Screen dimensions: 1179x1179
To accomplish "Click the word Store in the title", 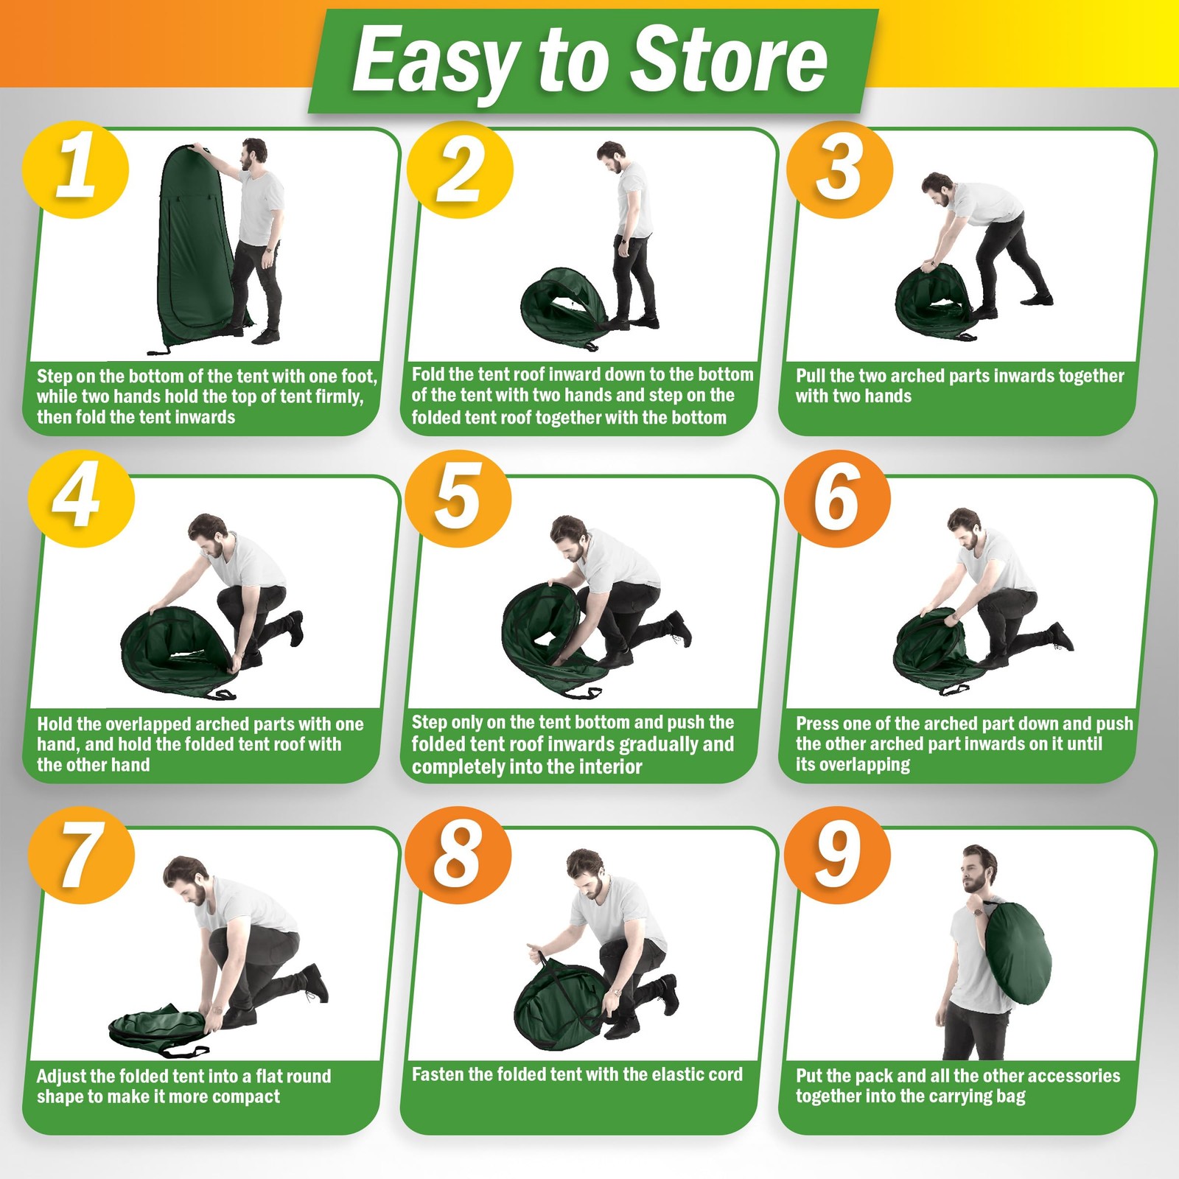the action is (x=730, y=59).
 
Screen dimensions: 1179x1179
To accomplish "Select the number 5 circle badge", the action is (x=458, y=499).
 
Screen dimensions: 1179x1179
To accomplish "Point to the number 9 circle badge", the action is (x=837, y=855).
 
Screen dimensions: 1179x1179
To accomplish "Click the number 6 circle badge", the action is (x=837, y=499).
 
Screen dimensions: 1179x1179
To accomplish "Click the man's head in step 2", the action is (x=611, y=156).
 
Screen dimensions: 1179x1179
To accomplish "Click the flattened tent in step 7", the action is (x=158, y=1026).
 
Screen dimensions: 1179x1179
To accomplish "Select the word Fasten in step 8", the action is (x=438, y=1074).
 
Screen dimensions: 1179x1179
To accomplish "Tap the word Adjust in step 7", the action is (x=60, y=1077).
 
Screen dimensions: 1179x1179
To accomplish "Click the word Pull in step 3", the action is (x=811, y=376).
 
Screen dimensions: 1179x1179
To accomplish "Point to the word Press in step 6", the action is (x=817, y=724).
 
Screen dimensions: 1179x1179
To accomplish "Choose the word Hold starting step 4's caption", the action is (x=55, y=724).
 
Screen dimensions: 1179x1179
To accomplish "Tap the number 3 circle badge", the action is (x=839, y=169).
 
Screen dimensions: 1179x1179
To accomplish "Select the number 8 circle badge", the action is (x=458, y=855).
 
